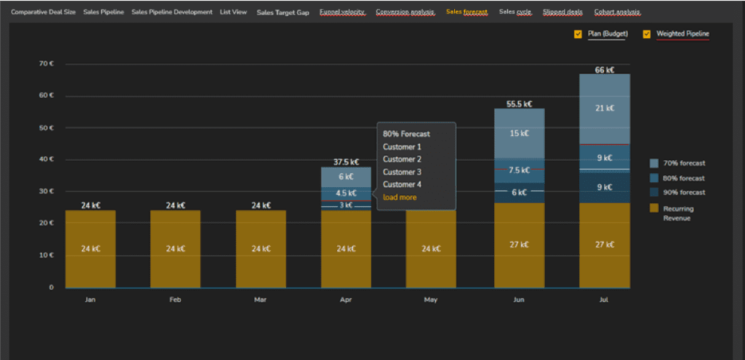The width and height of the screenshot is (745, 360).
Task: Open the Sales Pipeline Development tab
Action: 172,12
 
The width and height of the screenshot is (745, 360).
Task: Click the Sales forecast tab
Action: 466,12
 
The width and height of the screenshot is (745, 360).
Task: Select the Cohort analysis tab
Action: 617,12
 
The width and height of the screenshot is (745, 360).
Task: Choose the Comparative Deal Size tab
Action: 43,12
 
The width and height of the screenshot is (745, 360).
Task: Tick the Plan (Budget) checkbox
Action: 578,33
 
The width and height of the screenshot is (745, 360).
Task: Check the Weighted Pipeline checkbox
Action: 647,33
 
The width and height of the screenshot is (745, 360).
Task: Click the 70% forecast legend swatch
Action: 654,164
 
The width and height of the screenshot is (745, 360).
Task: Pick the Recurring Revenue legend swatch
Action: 654,208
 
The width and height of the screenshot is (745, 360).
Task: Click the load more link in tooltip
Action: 399,197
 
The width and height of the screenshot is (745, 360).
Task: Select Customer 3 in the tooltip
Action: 402,172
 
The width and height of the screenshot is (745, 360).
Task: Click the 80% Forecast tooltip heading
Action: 406,134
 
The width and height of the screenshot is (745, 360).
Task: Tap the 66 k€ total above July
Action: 605,70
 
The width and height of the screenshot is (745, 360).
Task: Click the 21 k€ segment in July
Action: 605,108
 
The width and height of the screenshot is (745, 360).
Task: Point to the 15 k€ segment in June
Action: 519,133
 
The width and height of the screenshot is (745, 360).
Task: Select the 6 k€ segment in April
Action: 346,177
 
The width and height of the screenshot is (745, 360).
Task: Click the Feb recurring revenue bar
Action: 175,248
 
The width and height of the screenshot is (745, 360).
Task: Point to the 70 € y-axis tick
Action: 47,64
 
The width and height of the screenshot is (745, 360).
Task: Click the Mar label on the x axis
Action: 260,299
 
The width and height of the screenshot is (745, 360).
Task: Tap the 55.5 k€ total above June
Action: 519,104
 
